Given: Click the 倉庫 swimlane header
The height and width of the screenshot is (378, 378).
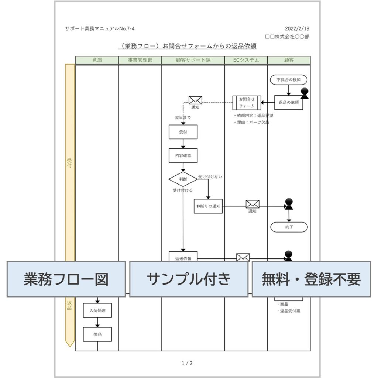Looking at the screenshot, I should [x=97, y=60].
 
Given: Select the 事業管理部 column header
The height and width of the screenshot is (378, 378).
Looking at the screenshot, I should [x=140, y=60].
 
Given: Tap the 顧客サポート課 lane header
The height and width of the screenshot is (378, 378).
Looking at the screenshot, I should [x=193, y=60].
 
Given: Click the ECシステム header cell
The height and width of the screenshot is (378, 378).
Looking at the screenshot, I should [x=246, y=60].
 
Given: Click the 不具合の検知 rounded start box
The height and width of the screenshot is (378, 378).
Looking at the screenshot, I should [x=289, y=79].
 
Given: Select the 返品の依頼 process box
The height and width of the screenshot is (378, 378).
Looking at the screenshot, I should [x=289, y=103].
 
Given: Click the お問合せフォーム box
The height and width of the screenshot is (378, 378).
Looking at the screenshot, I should [x=247, y=103].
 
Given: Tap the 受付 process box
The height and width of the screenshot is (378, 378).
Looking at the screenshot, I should [x=183, y=132].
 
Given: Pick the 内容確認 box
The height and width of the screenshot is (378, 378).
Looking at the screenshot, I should [x=183, y=155].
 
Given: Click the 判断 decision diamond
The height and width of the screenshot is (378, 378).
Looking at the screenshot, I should [x=183, y=179].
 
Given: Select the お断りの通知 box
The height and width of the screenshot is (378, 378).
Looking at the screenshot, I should [x=208, y=206].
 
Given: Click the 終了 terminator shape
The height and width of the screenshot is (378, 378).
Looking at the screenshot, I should [x=289, y=227].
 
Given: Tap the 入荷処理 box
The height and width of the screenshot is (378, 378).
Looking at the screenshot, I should [x=97, y=310].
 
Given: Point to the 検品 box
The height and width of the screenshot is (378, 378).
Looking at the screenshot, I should [x=97, y=334].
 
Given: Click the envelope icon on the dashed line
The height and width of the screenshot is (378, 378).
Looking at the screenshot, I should [x=195, y=100].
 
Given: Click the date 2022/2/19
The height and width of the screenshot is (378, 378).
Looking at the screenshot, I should [x=297, y=29].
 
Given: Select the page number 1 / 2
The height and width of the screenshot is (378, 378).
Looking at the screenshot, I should [x=187, y=363].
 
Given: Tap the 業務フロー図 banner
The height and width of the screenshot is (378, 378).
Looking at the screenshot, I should [x=66, y=279].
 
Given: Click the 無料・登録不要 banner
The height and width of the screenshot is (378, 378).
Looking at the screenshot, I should [x=311, y=279].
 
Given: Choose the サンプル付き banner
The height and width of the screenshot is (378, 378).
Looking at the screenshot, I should [x=189, y=279].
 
